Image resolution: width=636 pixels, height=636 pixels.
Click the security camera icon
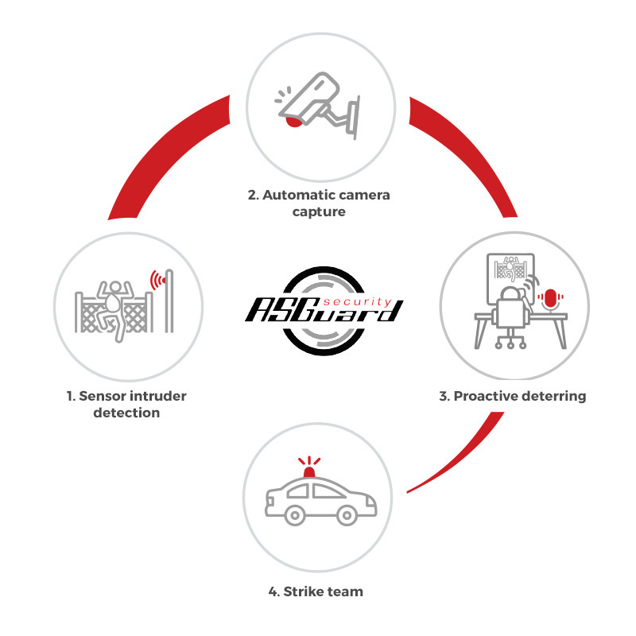[x=319, y=106]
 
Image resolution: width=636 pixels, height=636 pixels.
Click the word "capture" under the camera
[x=319, y=212]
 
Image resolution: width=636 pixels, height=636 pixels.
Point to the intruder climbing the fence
[x=114, y=308]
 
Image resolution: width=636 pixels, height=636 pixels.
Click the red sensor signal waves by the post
[x=157, y=280]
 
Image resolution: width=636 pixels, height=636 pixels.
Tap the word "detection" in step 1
[x=126, y=413]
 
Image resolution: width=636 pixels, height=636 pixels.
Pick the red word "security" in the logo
[x=357, y=302]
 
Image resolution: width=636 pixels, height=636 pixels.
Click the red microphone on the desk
[x=550, y=299]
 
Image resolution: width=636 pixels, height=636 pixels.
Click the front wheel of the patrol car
[x=347, y=515]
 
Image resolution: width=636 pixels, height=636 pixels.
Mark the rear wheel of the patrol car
[x=295, y=515]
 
